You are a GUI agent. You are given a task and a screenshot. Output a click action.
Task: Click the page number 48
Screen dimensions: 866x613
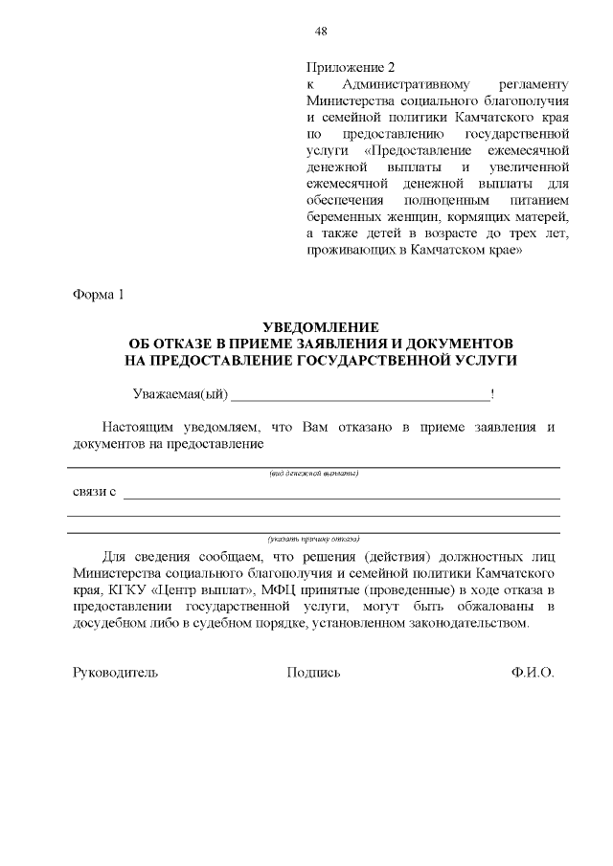(321, 31)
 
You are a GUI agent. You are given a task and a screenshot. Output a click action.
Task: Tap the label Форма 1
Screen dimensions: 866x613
(99, 293)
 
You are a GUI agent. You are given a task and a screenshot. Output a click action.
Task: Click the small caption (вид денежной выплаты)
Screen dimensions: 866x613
(313, 474)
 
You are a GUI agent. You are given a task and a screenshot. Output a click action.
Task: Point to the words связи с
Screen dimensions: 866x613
(95, 492)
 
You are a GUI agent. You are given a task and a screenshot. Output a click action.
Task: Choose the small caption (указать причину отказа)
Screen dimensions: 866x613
(313, 539)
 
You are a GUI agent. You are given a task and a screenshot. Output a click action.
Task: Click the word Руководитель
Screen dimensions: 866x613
(115, 673)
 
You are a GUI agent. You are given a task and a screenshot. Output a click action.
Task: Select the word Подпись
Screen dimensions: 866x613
(313, 673)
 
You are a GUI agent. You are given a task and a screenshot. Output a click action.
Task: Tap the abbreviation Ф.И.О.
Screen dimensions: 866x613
(532, 673)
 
